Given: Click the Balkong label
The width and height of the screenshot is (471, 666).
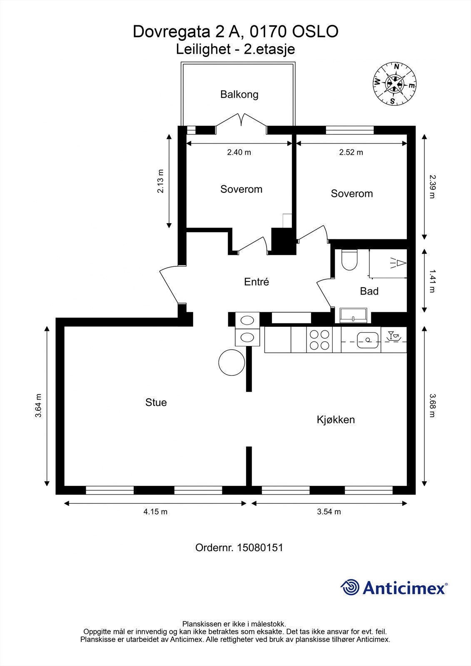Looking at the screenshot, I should click(x=239, y=94).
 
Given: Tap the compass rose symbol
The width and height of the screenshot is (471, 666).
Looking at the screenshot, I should click(x=394, y=84).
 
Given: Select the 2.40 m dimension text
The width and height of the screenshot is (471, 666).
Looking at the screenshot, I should click(x=239, y=152).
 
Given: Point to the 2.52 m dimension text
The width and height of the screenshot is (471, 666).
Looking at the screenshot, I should click(x=351, y=152).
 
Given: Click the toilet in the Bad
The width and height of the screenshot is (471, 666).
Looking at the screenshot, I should click(x=349, y=259).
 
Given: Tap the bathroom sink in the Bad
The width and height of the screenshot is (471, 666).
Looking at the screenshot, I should click(x=354, y=315).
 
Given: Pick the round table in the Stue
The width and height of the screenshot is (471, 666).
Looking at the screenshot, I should click(x=232, y=363).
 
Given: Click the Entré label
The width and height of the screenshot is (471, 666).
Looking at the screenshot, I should click(x=257, y=282).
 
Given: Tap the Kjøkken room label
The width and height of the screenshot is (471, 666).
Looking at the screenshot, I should click(x=336, y=420).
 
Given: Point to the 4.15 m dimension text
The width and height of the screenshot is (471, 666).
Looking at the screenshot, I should click(x=155, y=512).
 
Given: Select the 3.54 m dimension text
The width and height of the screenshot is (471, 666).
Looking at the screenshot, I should click(x=329, y=512).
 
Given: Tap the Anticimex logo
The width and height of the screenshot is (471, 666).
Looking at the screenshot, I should click(x=394, y=588).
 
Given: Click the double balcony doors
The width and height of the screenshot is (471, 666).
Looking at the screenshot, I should click(x=242, y=122).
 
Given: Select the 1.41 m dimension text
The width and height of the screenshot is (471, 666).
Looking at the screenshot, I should click(x=432, y=281).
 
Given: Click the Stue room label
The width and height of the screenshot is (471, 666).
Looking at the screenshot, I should click(x=156, y=403).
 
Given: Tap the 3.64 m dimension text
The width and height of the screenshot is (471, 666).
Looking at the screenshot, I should click(x=38, y=405).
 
